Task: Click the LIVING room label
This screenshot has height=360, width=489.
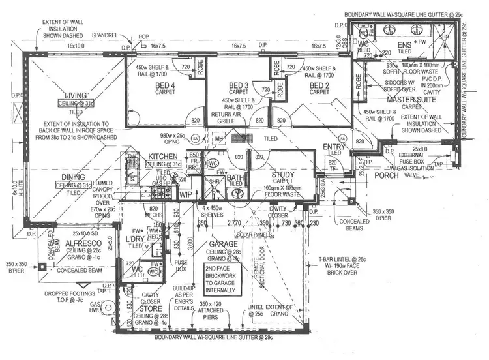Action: click(x=83, y=95)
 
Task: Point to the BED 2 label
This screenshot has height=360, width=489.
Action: click(x=319, y=85)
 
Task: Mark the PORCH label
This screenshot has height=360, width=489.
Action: click(x=387, y=175)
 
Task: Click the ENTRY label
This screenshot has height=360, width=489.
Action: click(x=334, y=148)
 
